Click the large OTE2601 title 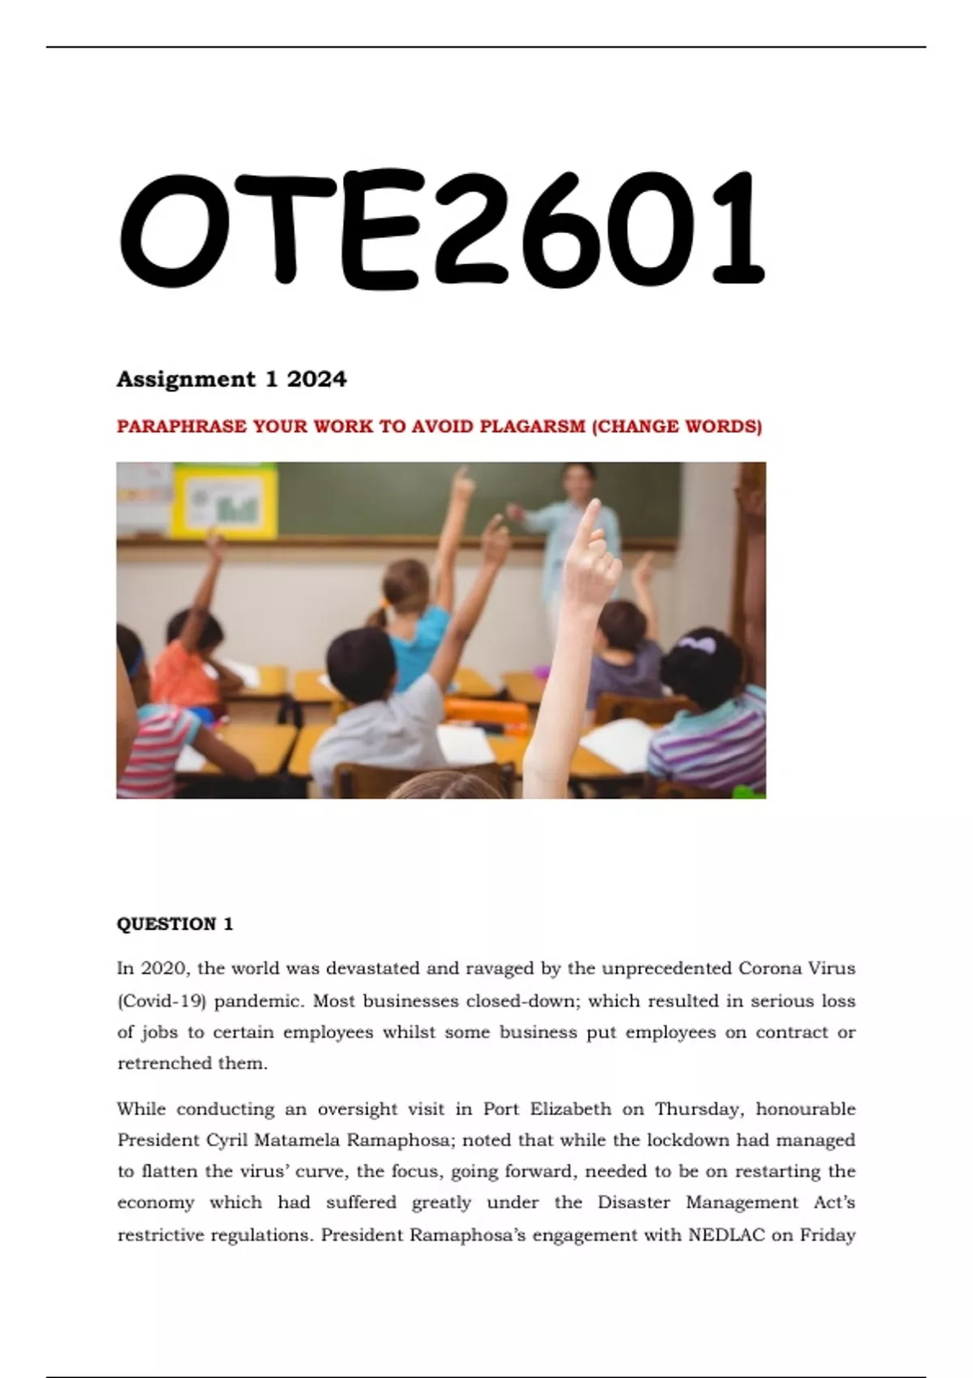click(442, 229)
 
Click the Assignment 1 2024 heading click(232, 379)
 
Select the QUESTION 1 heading click(175, 924)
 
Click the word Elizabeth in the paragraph click(571, 1109)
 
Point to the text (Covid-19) click(162, 1001)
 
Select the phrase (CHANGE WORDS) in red click(677, 426)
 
